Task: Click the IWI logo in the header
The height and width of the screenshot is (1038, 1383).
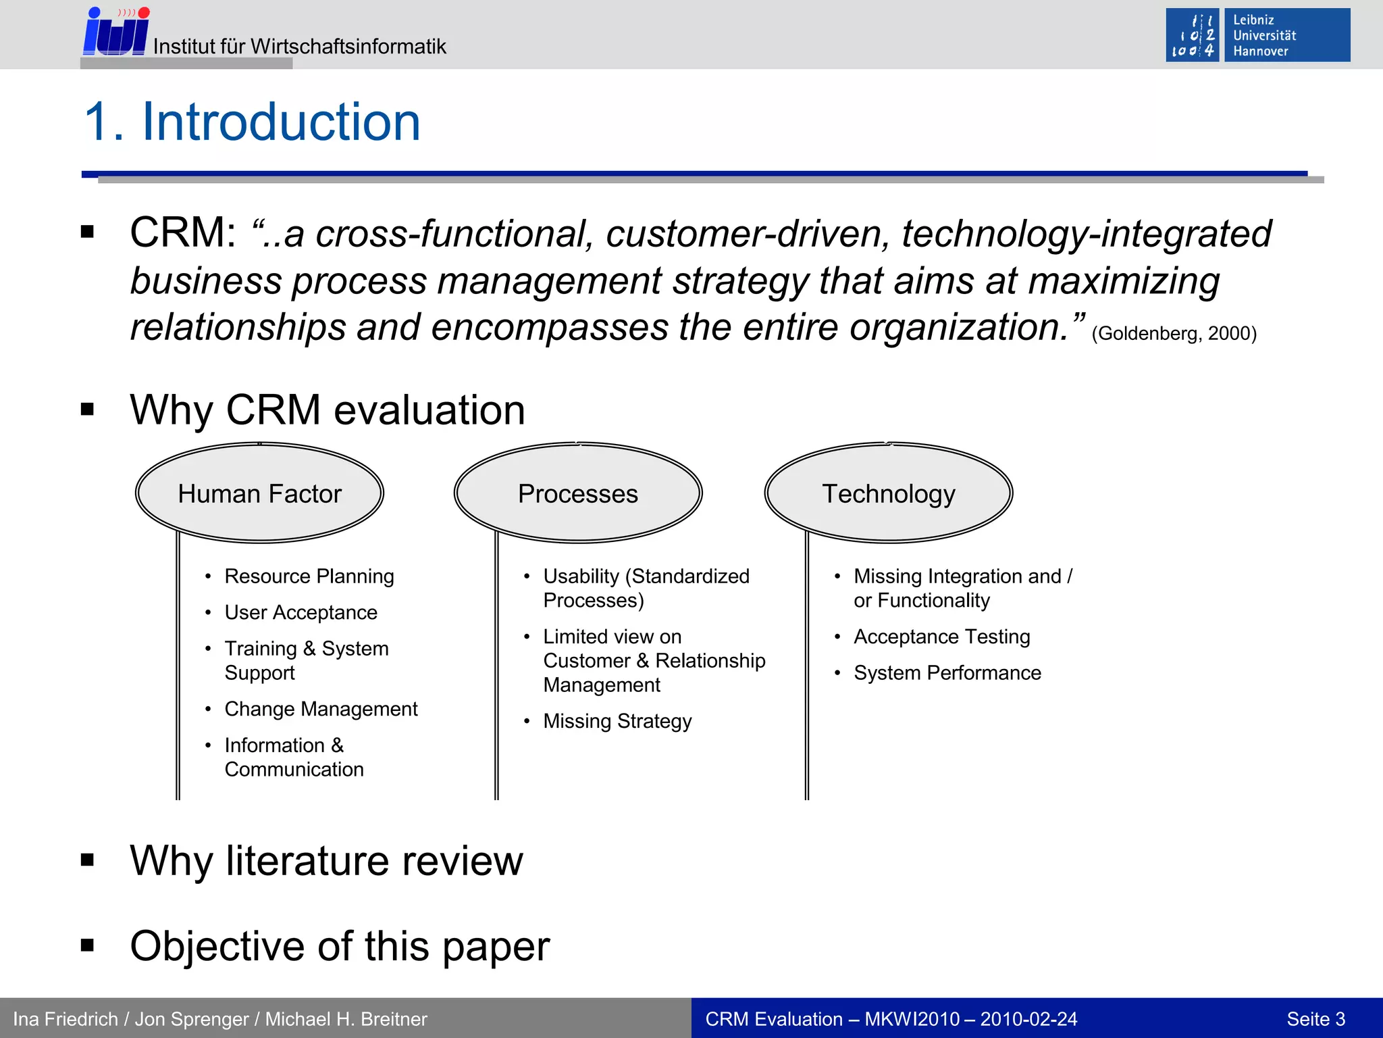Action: point(115,32)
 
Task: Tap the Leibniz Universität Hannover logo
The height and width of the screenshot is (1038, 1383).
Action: point(1257,35)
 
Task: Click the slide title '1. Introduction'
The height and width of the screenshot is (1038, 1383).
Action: point(252,122)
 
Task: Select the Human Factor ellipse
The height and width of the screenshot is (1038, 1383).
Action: point(260,493)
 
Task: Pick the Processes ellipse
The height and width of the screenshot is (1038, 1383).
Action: point(578,493)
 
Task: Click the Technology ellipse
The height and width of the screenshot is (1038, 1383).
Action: point(889,493)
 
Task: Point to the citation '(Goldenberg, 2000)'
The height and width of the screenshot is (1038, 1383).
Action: point(1174,333)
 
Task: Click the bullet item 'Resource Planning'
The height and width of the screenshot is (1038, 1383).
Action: point(309,576)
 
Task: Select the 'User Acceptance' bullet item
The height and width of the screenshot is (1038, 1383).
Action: point(301,612)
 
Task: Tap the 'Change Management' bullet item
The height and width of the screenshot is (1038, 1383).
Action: point(321,709)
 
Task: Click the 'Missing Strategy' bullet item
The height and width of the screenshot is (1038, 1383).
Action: point(617,721)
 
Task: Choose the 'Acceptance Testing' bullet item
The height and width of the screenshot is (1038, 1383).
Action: point(942,637)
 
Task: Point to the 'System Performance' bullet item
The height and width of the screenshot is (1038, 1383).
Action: point(947,673)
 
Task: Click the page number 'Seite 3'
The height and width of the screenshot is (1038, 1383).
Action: point(1315,1019)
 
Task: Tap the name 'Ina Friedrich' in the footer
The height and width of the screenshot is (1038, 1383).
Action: point(66,1019)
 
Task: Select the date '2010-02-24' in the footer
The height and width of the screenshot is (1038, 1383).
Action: point(1028,1019)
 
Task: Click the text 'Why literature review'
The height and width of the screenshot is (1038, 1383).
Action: point(327,861)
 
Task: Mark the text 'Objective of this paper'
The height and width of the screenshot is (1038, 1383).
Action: point(340,946)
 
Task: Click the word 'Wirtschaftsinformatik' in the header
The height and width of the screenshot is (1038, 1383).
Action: point(348,47)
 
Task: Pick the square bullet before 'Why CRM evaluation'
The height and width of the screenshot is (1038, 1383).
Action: point(87,409)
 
